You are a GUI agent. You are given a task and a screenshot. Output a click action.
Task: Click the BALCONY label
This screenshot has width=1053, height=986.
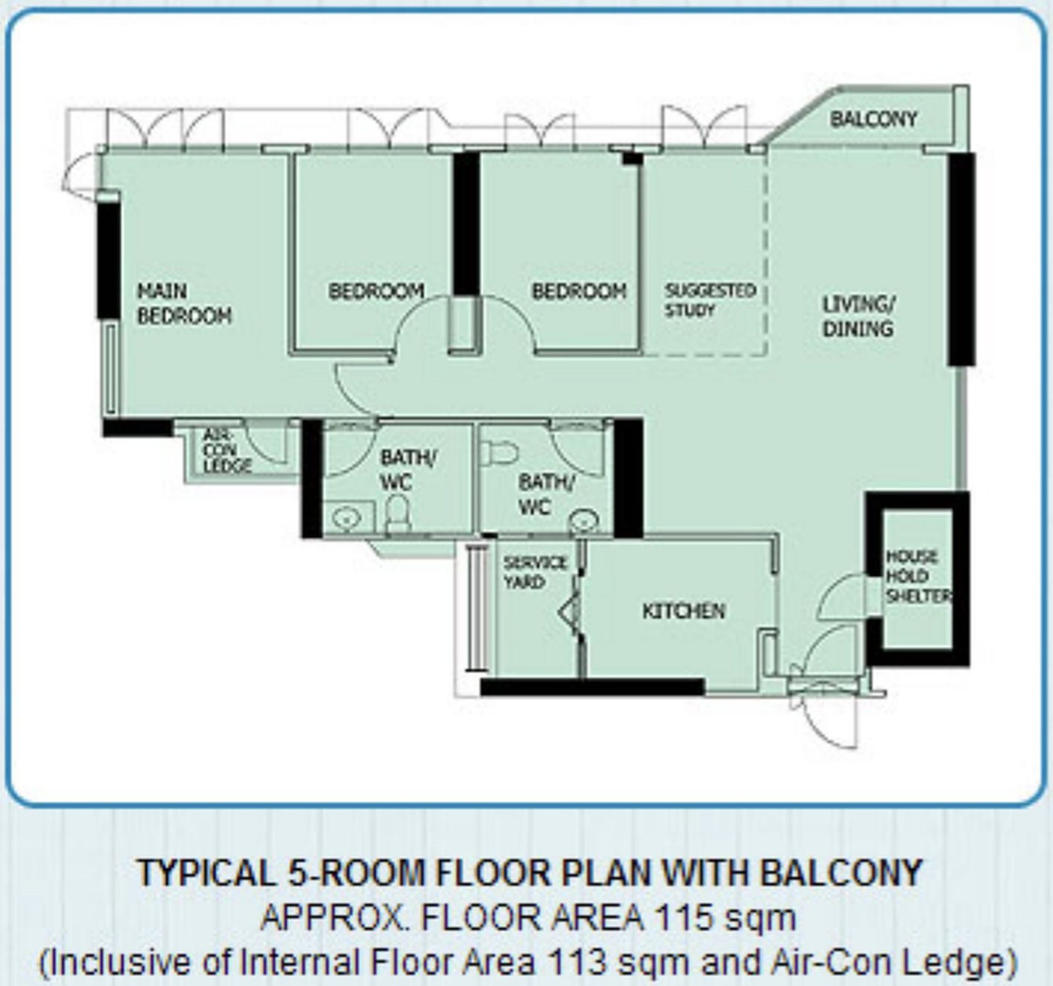coord(873,119)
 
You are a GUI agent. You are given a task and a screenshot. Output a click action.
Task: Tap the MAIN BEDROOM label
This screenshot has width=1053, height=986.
coord(184,303)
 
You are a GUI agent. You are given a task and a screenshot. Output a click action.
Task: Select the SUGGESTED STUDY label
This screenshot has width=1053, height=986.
coord(710,300)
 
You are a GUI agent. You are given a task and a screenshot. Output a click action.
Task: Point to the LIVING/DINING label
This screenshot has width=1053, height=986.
coord(858,317)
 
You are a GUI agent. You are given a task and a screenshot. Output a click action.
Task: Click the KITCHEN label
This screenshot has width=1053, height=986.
coord(684,611)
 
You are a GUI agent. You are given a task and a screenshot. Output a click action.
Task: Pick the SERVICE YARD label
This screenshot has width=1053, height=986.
coord(535,573)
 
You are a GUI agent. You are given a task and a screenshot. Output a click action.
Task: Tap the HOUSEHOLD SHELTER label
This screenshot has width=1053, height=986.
coord(917,577)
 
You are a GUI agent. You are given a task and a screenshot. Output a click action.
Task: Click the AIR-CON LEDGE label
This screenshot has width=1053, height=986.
coord(218,451)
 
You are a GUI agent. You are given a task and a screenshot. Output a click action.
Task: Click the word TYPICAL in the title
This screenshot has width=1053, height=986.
coord(206,873)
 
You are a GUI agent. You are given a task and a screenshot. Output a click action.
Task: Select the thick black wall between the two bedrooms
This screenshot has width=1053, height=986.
coord(466,224)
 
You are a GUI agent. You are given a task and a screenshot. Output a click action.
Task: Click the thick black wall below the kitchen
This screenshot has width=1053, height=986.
coord(592,687)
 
